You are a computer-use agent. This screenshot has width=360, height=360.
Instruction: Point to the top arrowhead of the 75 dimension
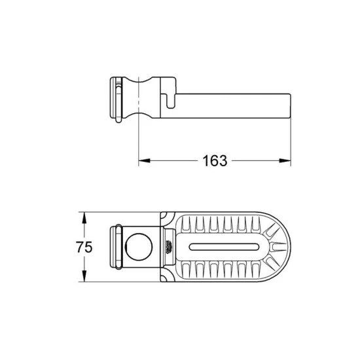coord(84,215)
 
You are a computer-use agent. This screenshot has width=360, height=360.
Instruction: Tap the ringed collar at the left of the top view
coord(115,247)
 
